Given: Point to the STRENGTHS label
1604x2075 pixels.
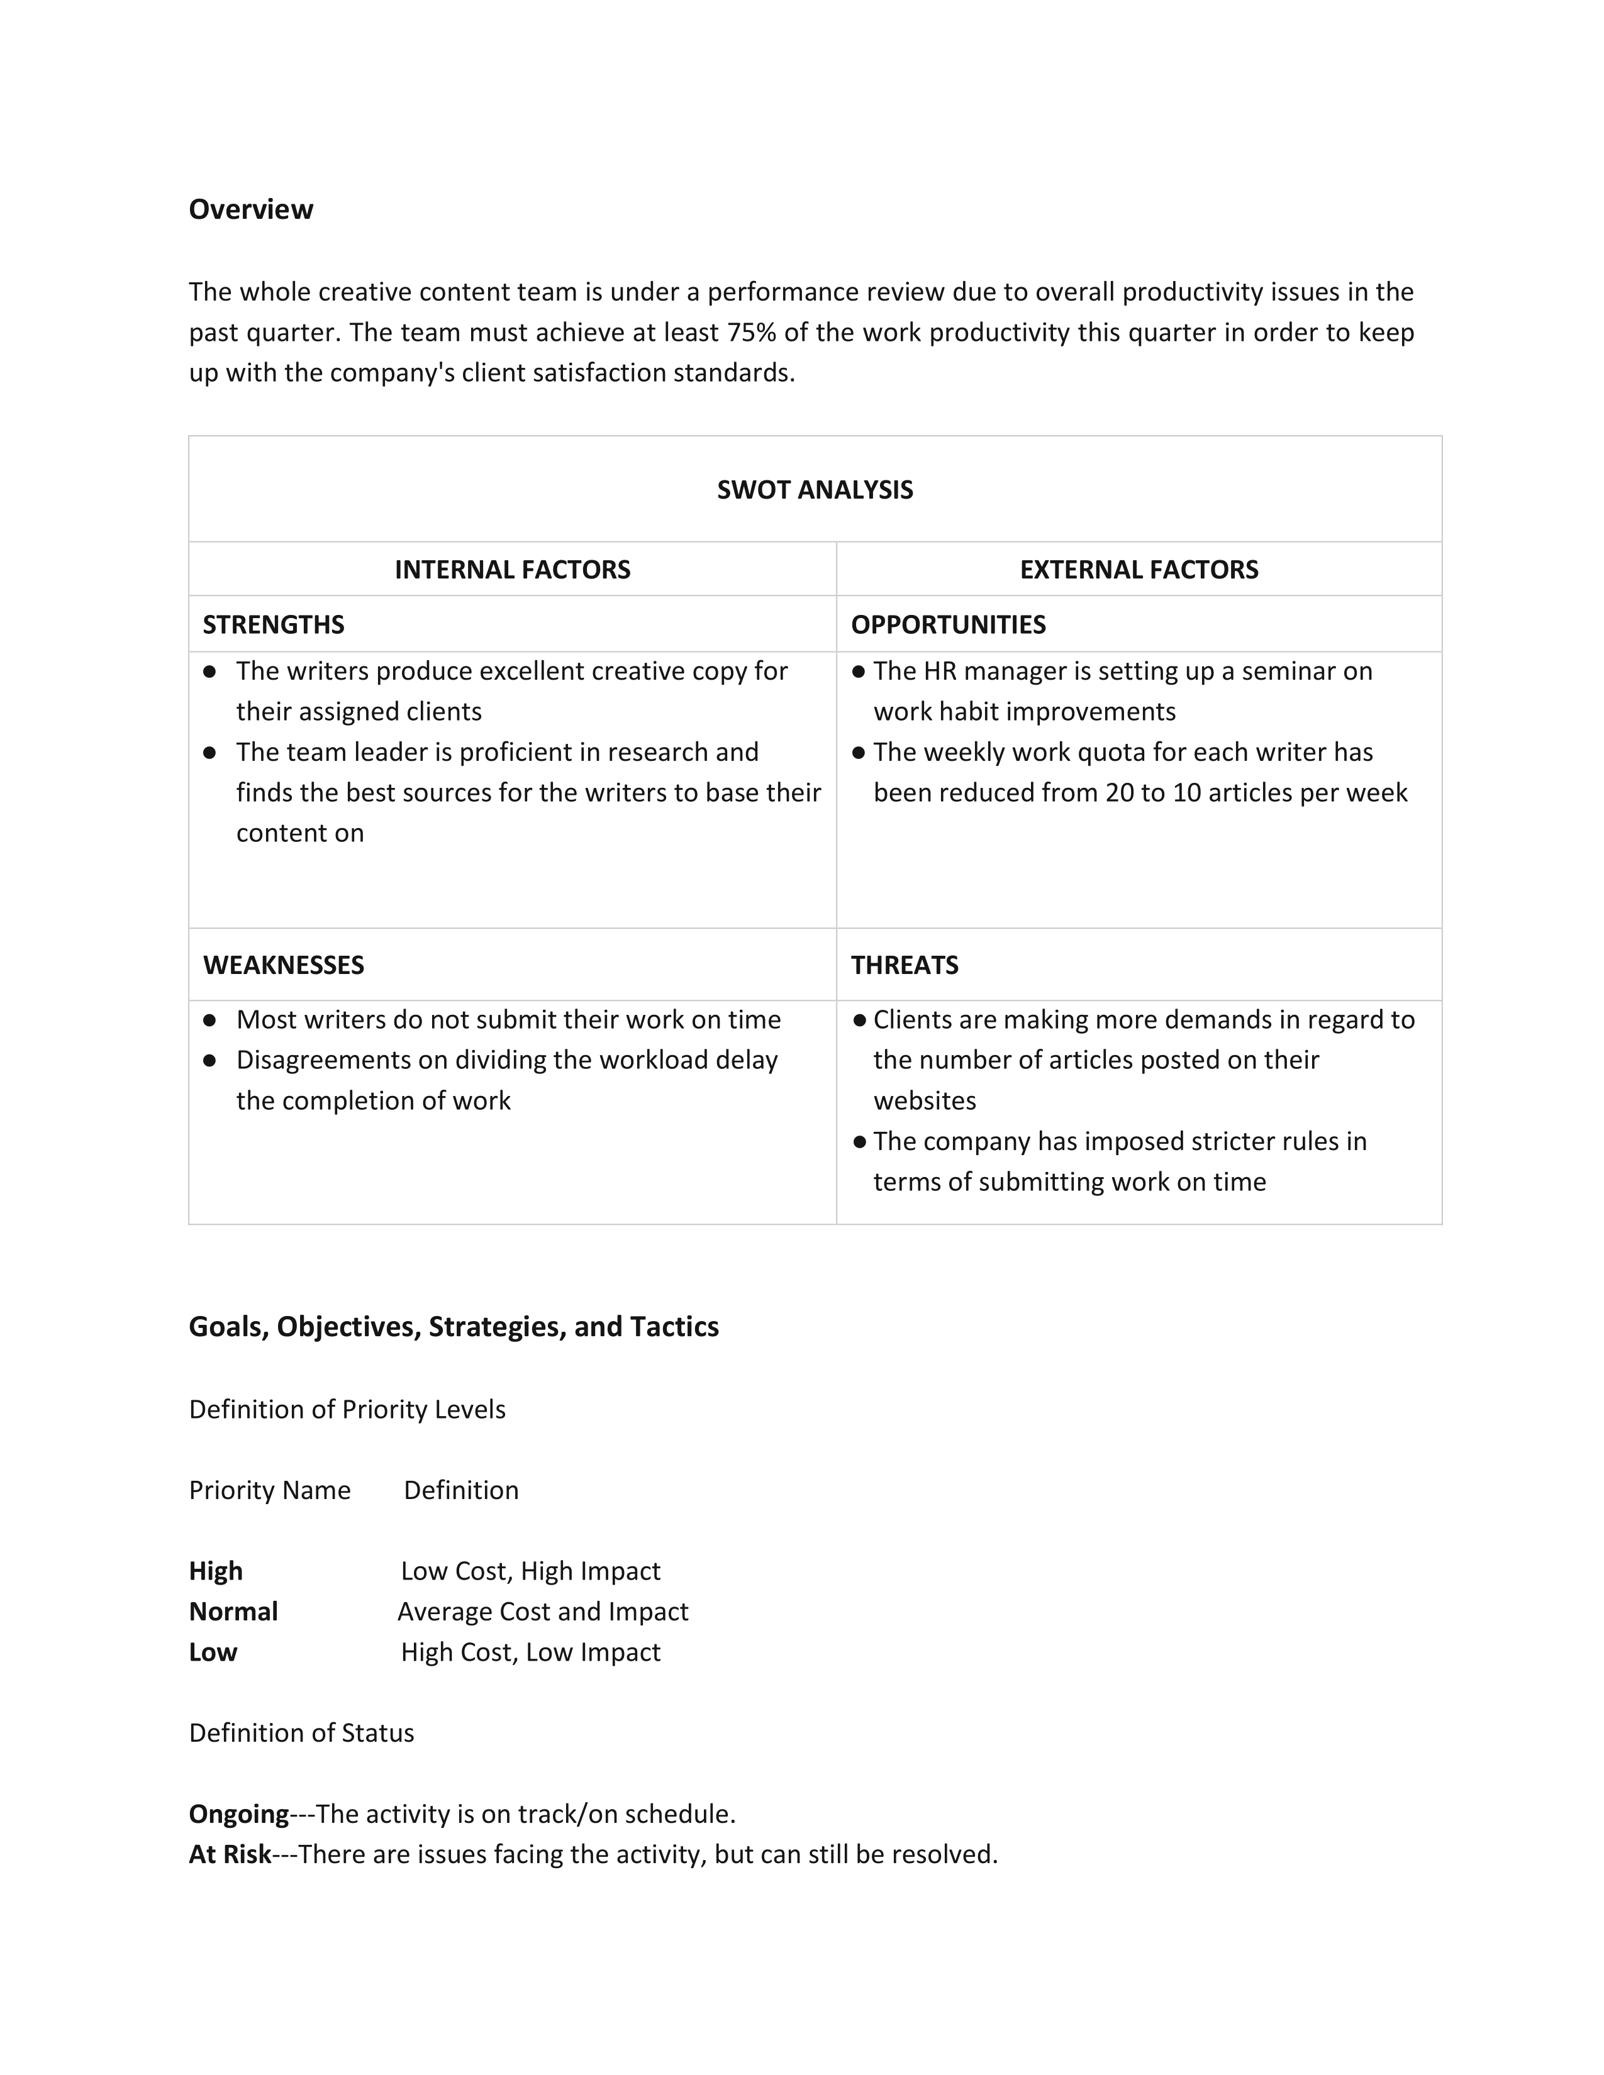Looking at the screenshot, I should coord(274,624).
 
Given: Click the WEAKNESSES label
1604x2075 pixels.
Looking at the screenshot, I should coord(283,965).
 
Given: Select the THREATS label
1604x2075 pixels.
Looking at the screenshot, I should coord(904,965).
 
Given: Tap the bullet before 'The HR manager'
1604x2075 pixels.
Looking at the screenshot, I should coord(859,672).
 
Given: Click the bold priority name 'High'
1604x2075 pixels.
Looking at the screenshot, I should coord(216,1571).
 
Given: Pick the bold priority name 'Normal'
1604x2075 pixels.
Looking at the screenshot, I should coord(233,1612).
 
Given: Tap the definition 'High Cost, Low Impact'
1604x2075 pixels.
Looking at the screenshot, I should coord(530,1652).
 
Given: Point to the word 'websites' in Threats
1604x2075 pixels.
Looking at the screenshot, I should coord(925,1100).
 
